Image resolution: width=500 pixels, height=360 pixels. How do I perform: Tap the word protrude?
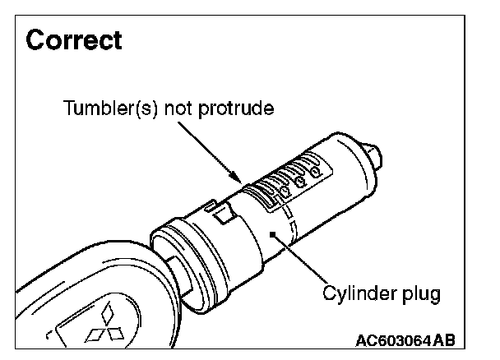tap(243, 108)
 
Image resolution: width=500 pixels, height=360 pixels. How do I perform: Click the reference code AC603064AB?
tap(406, 339)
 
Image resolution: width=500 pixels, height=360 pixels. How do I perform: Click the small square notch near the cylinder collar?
tap(221, 217)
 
